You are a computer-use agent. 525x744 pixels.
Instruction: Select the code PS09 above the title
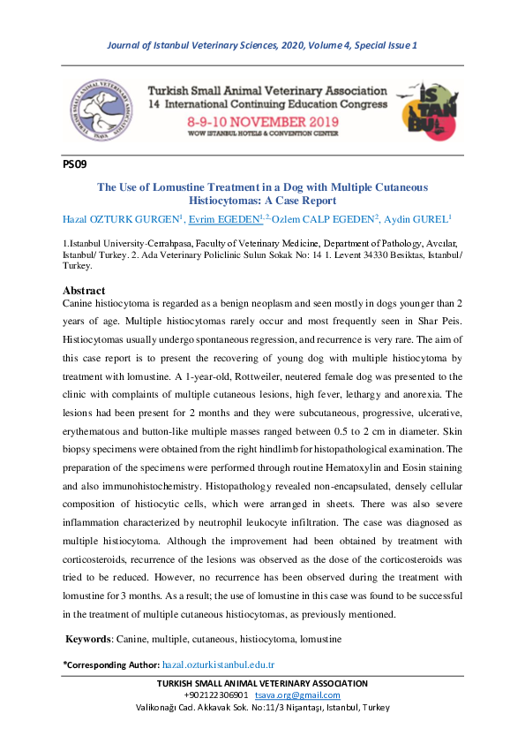tap(74, 163)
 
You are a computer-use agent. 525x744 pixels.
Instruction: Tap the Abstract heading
tap(84, 291)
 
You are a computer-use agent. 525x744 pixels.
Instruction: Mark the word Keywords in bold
tap(93, 637)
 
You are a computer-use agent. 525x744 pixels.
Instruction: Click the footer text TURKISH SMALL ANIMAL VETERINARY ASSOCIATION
tap(262, 683)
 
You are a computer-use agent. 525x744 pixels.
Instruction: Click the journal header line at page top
tap(262, 45)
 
